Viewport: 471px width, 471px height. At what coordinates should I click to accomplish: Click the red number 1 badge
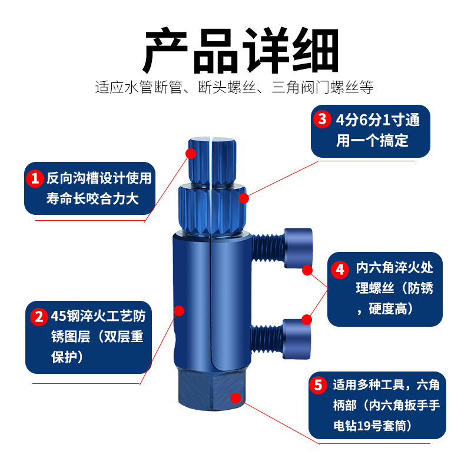35,178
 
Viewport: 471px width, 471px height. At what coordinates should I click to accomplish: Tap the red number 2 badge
39,317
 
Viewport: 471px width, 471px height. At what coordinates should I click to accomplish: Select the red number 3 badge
322,119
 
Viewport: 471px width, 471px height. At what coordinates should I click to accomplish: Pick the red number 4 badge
340,270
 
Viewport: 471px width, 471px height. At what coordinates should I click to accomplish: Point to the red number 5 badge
318,385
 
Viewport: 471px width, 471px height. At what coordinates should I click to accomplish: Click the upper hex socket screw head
298,248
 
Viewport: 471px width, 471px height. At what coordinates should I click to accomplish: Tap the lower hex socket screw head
297,339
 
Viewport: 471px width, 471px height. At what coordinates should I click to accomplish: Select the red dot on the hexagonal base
235,398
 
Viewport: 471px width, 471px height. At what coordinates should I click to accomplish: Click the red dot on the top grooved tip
191,154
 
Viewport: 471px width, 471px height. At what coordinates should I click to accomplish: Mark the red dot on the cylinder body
179,311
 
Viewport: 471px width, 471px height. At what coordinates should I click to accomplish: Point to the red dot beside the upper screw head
307,270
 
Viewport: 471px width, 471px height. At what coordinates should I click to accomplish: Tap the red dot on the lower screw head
306,320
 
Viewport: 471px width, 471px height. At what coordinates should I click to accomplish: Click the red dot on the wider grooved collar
244,198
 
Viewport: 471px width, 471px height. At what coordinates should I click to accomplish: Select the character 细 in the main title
316,51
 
